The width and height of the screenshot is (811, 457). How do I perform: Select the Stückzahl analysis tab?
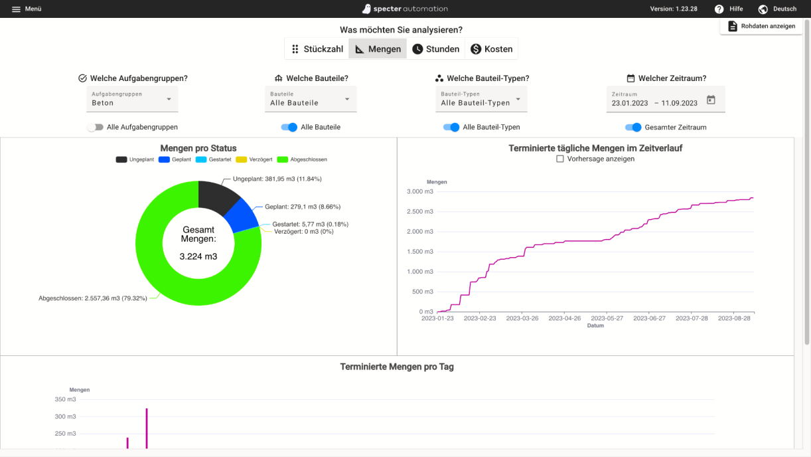[x=317, y=49]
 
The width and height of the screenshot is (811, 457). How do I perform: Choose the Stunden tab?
[x=435, y=49]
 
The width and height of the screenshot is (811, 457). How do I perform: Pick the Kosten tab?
[x=491, y=49]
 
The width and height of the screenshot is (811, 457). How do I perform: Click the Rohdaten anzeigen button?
[x=761, y=27]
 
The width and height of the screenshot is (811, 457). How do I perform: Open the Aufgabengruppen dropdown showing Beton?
[x=132, y=100]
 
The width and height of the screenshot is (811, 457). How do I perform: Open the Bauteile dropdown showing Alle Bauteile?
[x=311, y=100]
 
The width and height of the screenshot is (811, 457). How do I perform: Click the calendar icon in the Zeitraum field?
[x=711, y=100]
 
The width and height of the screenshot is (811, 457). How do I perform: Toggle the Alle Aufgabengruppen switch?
[x=96, y=127]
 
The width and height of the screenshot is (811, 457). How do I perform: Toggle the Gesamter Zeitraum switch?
[x=634, y=127]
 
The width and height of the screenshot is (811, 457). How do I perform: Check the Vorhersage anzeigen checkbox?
[x=560, y=159]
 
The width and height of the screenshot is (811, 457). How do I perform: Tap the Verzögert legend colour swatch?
[x=241, y=159]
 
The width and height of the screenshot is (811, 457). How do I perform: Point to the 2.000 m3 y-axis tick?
[x=419, y=232]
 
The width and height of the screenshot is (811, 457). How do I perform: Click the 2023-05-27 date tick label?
[x=607, y=319]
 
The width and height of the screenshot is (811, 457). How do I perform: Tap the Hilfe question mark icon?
[x=719, y=9]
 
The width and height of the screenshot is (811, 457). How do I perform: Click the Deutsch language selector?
[x=777, y=9]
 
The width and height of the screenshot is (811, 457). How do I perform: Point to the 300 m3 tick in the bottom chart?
[x=66, y=416]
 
